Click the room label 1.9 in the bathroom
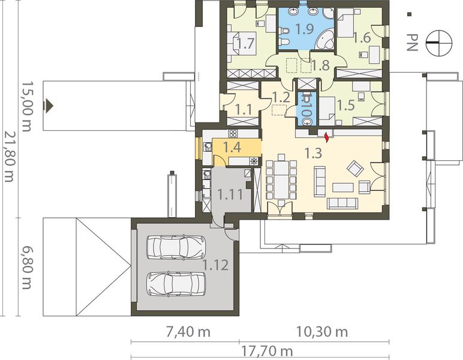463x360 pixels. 305,29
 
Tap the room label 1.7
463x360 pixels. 246,44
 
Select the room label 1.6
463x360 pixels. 362,38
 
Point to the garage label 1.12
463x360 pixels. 215,265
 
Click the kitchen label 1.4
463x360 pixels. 232,148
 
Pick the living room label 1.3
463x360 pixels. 312,153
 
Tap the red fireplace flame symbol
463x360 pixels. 327,137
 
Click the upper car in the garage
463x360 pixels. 176,247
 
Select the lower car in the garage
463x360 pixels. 176,284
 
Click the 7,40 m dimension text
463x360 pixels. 188,332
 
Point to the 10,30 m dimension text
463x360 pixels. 321,332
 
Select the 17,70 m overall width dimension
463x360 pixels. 267,352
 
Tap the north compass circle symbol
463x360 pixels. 440,43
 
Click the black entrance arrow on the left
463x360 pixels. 49,106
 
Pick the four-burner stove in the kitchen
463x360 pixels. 233,133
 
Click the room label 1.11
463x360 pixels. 230,194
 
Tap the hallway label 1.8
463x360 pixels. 320,65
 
